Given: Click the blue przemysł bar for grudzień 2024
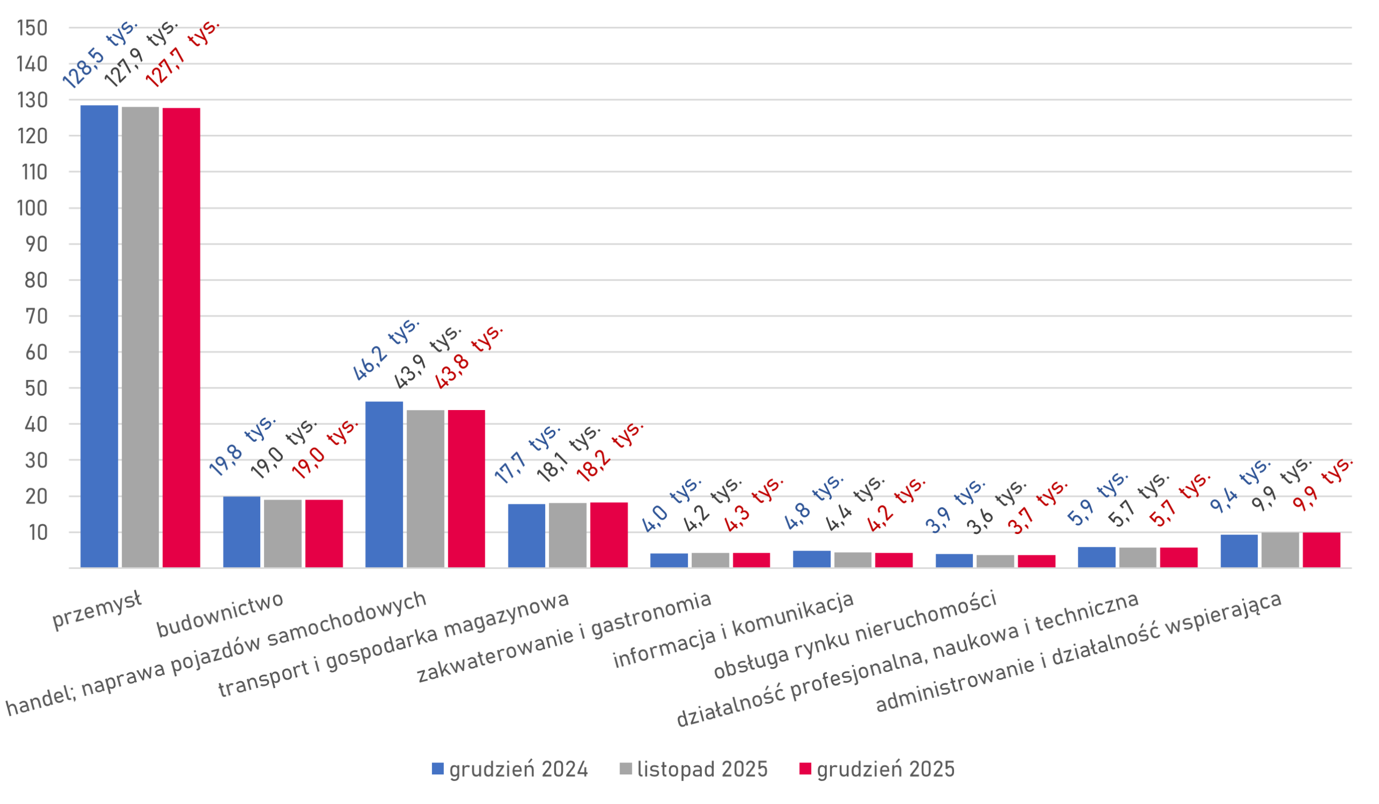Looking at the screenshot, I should [100, 336].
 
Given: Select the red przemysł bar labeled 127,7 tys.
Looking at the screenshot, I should [181, 337].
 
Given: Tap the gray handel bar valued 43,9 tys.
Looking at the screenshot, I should [425, 488].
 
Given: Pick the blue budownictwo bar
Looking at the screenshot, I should [242, 531].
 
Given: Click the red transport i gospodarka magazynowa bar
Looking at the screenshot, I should [609, 535].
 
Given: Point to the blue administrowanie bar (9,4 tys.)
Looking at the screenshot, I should [1239, 551].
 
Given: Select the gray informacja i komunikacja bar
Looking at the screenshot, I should [853, 559].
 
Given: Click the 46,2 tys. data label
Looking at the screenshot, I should [386, 350].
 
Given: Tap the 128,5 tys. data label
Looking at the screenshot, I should [100, 54].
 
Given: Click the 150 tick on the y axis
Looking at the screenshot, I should [32, 27].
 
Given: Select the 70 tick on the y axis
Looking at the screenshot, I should [36, 316].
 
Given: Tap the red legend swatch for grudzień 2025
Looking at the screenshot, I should [805, 769].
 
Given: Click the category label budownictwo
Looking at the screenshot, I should [220, 615].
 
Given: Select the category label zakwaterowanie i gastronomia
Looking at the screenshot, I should [564, 637].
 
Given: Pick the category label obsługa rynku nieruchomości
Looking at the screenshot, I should [854, 635].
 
